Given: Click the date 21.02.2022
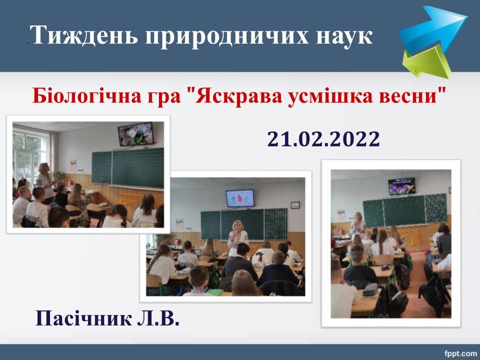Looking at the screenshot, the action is pyautogui.click(x=323, y=139).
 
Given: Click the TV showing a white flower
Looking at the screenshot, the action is pyautogui.click(x=135, y=134).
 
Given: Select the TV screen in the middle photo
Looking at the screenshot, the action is pyautogui.click(x=240, y=198).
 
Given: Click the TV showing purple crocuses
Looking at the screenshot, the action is pyautogui.click(x=401, y=186).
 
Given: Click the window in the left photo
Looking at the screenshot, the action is pyautogui.click(x=30, y=156).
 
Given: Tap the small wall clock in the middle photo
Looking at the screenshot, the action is pyautogui.click(x=295, y=205).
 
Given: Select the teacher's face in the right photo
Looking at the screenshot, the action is pyautogui.click(x=358, y=216).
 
